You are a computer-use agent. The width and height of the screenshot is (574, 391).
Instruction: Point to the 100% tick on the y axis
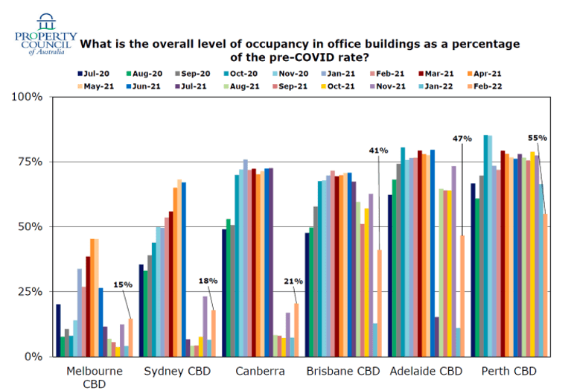point(31,97)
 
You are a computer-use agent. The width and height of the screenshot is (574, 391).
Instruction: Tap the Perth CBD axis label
point(508,371)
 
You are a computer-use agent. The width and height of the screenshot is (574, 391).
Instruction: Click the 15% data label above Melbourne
point(123,284)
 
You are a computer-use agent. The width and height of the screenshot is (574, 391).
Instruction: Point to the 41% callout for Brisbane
point(378,150)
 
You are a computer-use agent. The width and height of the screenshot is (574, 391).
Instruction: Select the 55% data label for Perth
point(538,138)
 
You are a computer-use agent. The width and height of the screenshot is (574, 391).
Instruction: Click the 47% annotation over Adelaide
point(462,139)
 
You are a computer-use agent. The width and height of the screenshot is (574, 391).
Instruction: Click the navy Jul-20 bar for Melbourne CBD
point(59,330)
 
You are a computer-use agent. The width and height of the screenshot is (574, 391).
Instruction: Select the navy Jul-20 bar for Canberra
point(225,292)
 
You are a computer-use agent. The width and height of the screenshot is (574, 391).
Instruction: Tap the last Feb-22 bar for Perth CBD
point(546,284)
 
